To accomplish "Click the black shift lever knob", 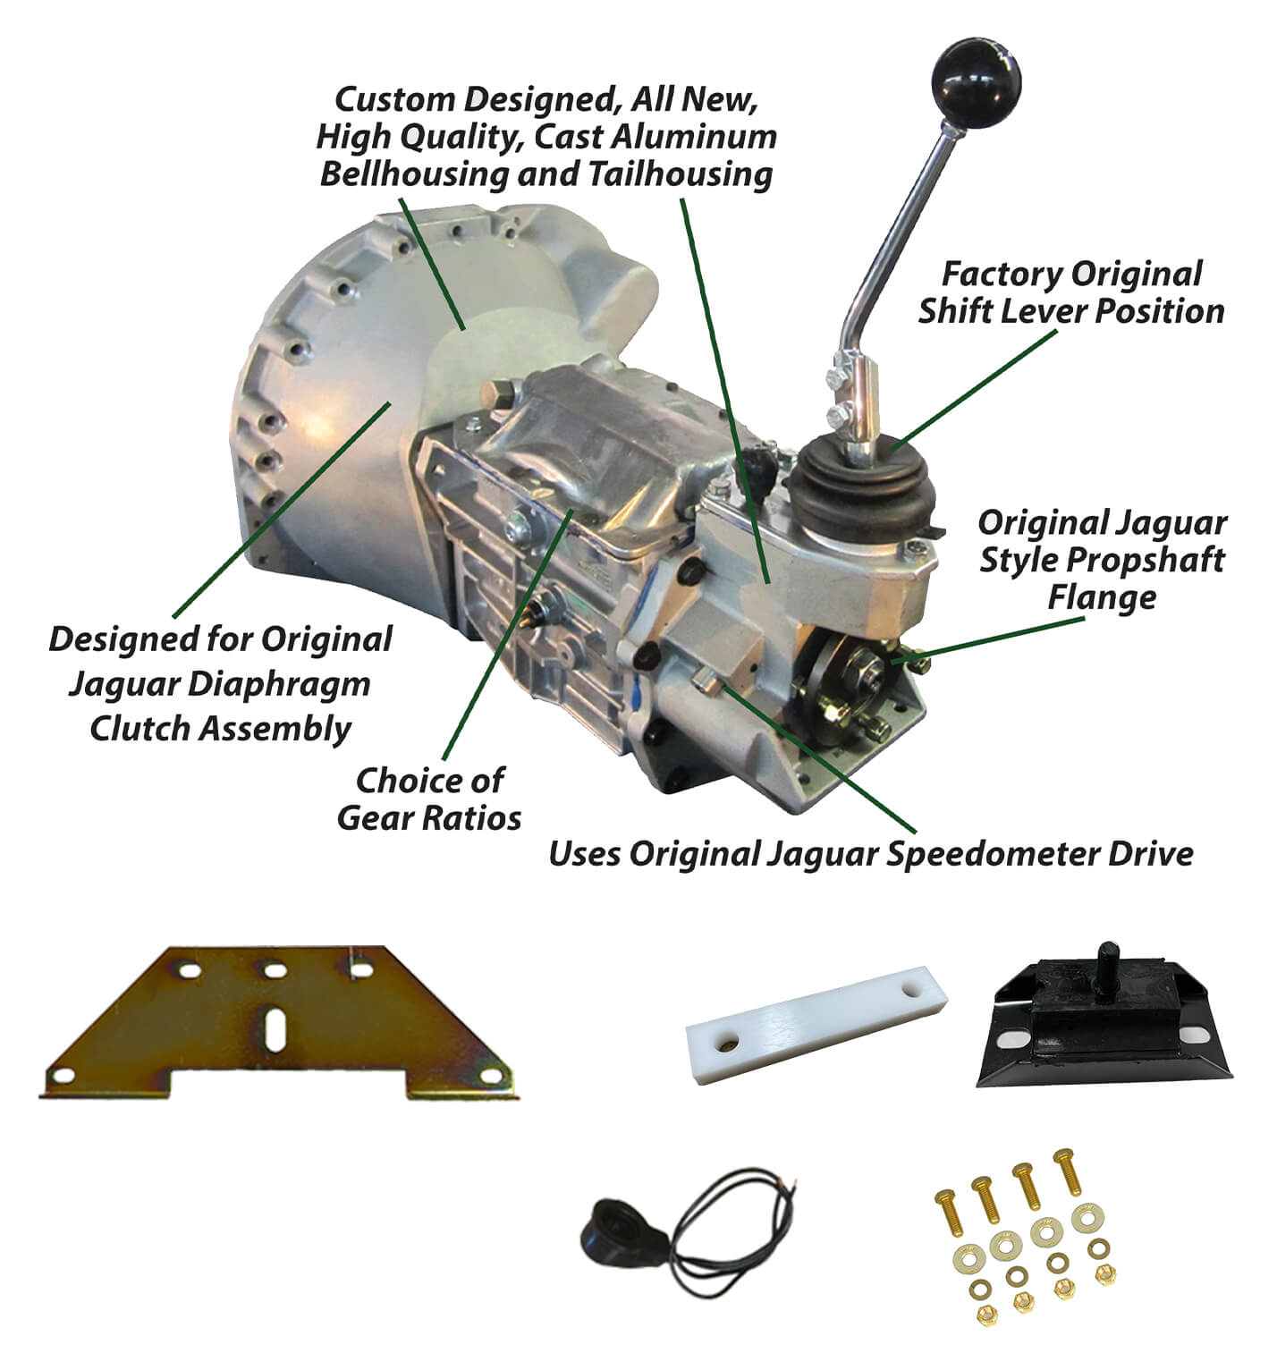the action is tap(976, 82).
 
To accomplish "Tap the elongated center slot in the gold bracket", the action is tap(275, 1030).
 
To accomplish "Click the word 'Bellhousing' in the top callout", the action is tap(414, 174).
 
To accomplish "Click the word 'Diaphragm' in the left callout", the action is tap(279, 685).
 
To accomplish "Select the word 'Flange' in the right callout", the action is tap(1102, 597).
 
